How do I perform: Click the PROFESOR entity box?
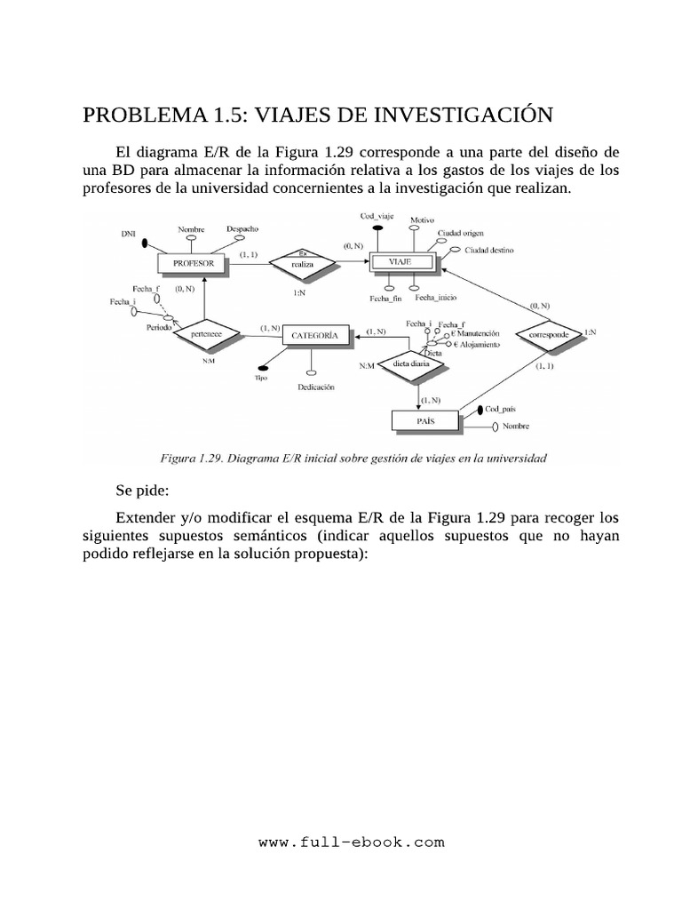(194, 264)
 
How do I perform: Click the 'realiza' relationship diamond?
(303, 263)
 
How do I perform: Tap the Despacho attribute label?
(242, 228)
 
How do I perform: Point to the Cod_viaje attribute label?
(377, 216)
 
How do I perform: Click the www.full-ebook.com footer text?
(351, 842)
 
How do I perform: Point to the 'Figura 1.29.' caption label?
(189, 459)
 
